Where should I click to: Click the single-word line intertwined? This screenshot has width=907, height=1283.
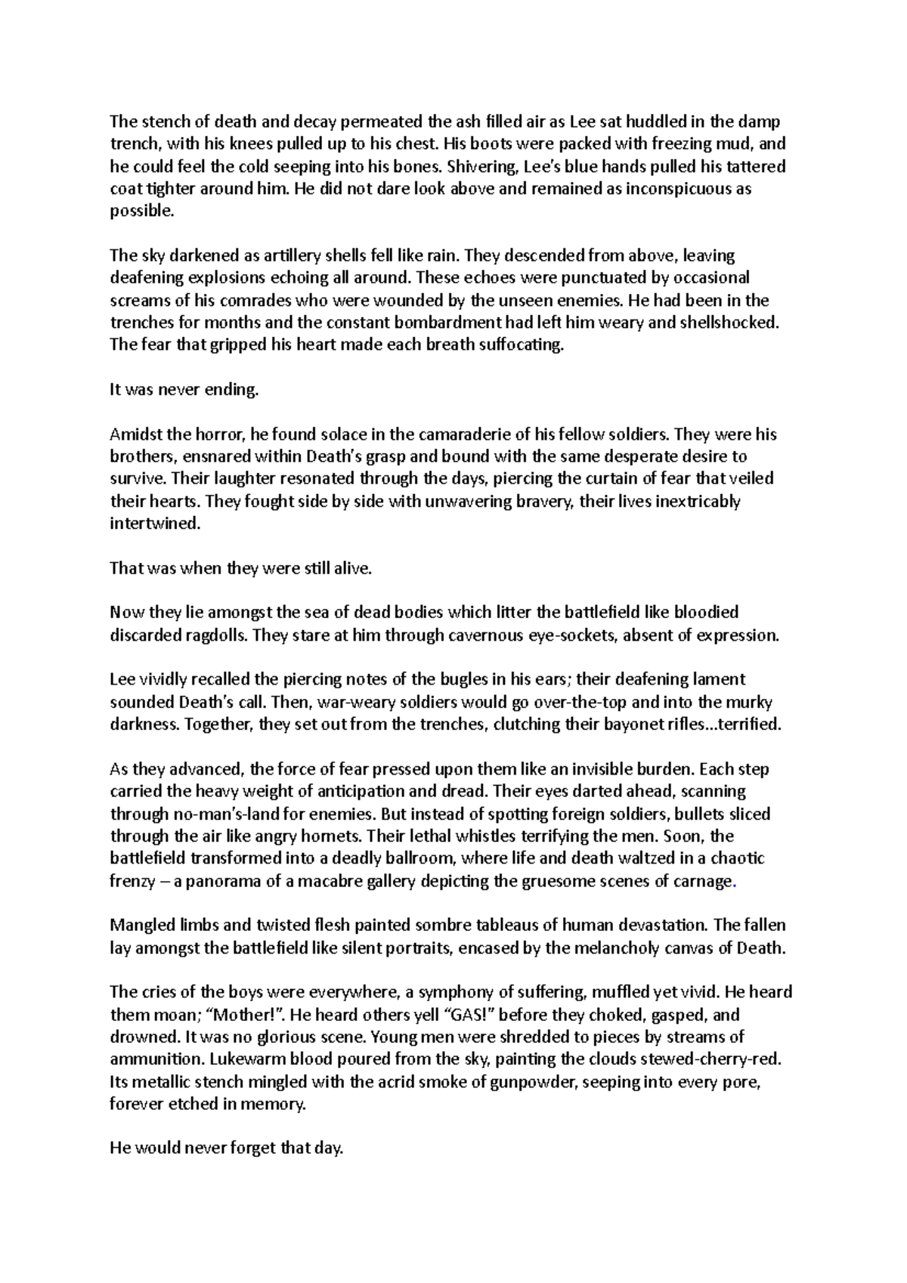click(x=155, y=524)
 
